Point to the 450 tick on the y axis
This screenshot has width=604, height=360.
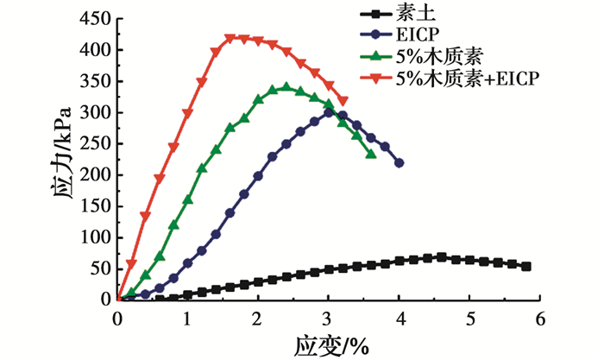pos(96,18)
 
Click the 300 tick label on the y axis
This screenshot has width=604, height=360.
pos(96,112)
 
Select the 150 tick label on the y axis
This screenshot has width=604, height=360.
pos(96,206)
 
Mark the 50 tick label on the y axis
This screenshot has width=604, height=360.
pos(99,268)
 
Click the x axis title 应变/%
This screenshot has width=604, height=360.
pos(332,344)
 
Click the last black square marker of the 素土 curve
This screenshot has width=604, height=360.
pos(526,267)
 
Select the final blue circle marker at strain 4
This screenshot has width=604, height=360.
pos(400,162)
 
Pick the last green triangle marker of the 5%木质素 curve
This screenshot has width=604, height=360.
pos(371,154)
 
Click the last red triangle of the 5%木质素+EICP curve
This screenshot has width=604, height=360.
pos(343,101)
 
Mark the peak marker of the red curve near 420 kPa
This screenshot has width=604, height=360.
pos(230,38)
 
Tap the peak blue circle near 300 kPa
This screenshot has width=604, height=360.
pos(329,112)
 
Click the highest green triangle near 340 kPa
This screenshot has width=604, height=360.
pos(286,87)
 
